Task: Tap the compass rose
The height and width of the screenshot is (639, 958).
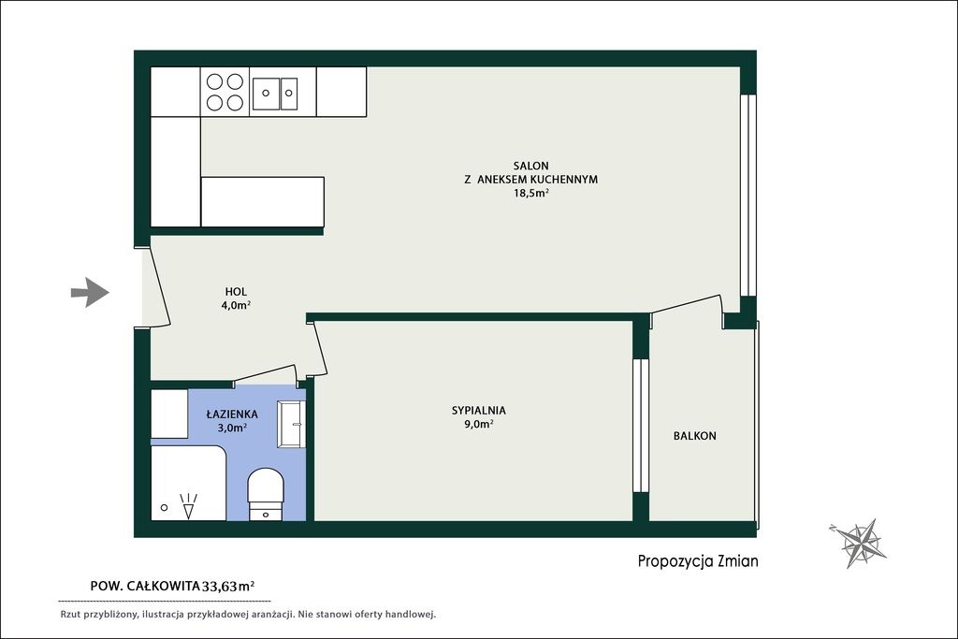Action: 860,542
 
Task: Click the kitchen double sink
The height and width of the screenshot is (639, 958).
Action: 275,94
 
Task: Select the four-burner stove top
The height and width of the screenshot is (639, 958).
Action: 225,92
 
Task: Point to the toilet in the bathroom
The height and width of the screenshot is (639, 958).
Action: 266,494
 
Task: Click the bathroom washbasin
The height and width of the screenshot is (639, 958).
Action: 291,424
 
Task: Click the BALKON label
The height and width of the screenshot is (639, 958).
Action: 695,436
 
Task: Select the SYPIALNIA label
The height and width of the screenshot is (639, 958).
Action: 479,411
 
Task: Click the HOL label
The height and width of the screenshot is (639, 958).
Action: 236,292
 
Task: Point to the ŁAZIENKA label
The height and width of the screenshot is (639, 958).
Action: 232,414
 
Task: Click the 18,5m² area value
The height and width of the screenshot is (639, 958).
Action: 531,193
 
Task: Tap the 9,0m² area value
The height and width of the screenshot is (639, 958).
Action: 479,424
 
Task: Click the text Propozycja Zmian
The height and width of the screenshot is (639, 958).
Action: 698,560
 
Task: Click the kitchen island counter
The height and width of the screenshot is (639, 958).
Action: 262,201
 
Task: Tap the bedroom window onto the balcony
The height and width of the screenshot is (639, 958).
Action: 640,425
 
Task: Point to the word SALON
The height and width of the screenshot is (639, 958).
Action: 531,166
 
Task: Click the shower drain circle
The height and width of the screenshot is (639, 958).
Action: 164,507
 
